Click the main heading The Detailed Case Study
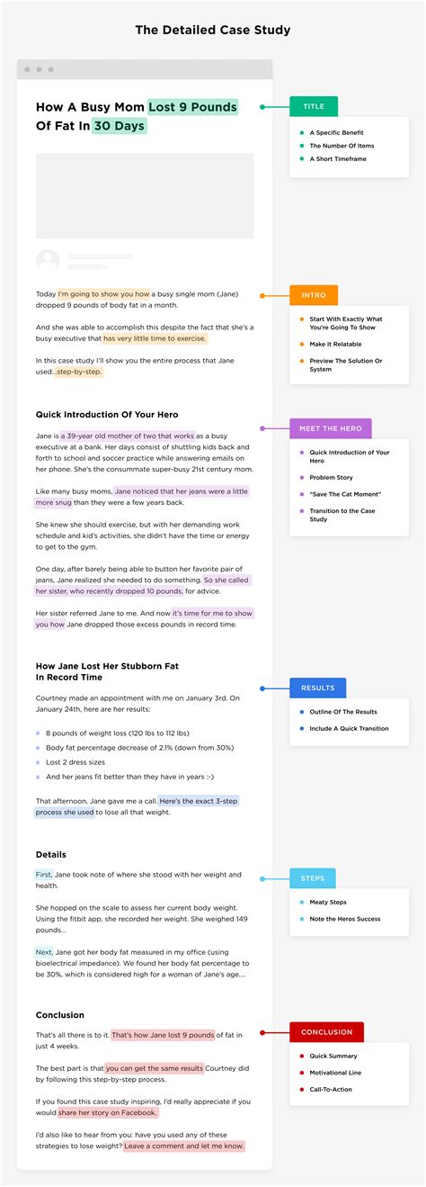pos(213,30)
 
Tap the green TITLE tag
pos(313,106)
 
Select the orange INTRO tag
pos(314,295)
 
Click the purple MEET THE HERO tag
pos(330,428)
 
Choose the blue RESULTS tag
pos(317,688)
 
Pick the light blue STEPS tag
pos(312,878)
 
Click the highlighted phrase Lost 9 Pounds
pos(193,107)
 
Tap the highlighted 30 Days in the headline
pos(119,126)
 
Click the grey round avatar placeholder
pos(48,261)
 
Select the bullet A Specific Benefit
pos(336,132)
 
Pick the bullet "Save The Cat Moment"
pos(345,494)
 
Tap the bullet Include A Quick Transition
pos(349,728)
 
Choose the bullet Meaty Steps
pos(328,902)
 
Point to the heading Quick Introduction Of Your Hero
pos(107,415)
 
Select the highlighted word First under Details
pos(44,875)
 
